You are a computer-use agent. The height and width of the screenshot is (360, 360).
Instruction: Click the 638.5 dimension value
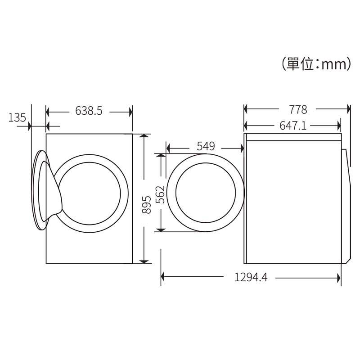point(89,111)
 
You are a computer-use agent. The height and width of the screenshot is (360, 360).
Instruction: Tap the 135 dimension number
point(17,117)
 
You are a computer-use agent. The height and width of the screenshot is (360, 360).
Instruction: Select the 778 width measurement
point(298,109)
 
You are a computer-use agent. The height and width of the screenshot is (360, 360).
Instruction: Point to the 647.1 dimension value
point(293,126)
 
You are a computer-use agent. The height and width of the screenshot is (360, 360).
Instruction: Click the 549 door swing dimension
point(206,146)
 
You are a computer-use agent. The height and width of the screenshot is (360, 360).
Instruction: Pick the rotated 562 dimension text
point(160,194)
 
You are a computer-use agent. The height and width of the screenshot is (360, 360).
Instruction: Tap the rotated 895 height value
point(146,205)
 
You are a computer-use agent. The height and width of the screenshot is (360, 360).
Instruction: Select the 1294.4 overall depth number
point(251,277)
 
